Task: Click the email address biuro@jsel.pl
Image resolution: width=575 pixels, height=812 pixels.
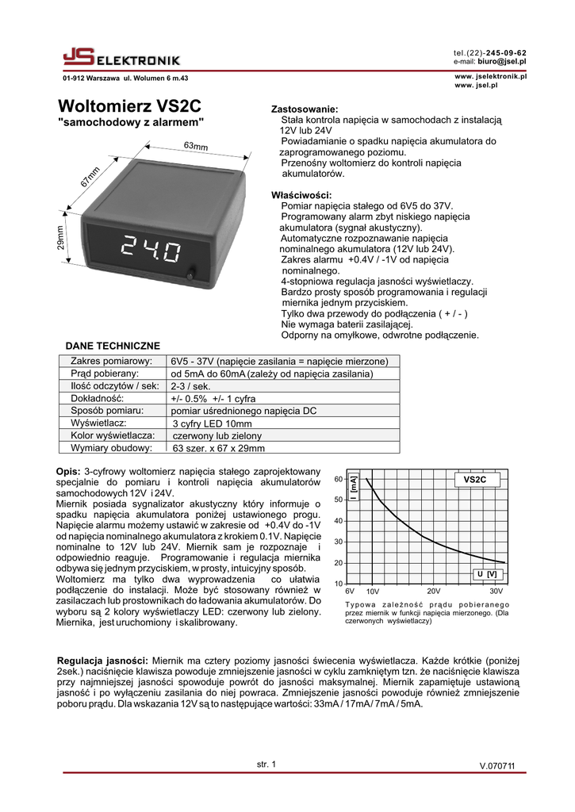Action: tap(502, 61)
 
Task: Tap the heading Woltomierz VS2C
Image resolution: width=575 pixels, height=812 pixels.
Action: tap(130, 105)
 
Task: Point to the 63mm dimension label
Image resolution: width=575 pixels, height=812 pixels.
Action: tap(196, 147)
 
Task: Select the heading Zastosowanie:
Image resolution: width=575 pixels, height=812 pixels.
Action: tap(305, 109)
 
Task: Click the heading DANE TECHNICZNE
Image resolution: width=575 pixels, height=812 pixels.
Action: tap(112, 346)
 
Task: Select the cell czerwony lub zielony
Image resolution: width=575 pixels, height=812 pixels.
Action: tap(217, 436)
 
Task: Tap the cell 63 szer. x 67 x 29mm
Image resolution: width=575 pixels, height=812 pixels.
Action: tap(219, 449)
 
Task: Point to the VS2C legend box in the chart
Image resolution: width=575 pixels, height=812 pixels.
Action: tap(475, 480)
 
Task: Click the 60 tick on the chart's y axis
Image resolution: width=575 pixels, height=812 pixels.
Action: tap(338, 479)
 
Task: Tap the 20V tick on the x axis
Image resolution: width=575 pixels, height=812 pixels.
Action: tap(434, 592)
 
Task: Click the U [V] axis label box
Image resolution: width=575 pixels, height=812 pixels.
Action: tap(486, 573)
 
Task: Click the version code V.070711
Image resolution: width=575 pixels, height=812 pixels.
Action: tap(497, 765)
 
